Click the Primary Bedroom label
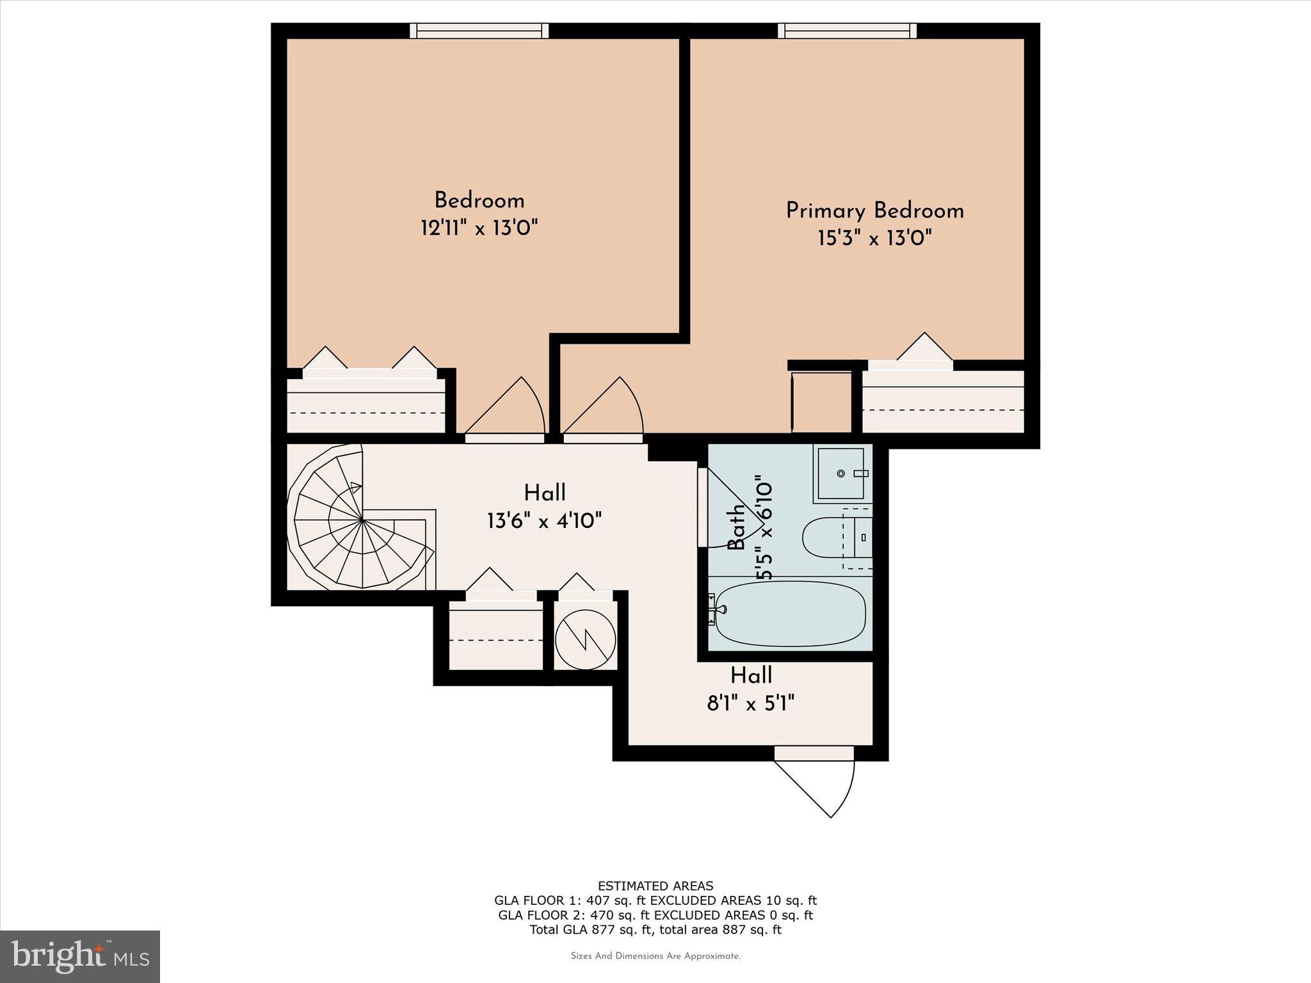pos(874,211)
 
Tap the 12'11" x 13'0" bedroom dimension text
pos(479,228)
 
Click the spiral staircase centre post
pos(363,520)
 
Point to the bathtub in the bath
pos(790,614)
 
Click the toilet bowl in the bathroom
pos(823,538)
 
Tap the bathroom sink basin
pos(841,474)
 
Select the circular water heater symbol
pos(585,639)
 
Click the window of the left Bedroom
pos(479,31)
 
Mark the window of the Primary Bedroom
pos(847,31)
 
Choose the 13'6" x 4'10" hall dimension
pos(544,520)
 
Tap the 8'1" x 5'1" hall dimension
pos(750,704)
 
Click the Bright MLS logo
pos(80,956)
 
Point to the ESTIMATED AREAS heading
pos(655,886)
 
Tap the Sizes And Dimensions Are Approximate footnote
pos(655,956)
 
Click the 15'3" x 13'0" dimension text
pos(874,239)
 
